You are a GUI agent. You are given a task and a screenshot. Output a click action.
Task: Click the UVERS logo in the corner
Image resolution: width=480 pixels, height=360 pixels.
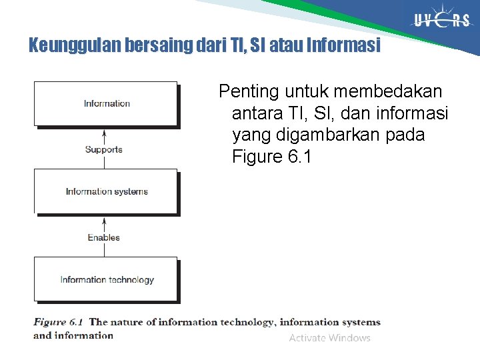coord(442,21)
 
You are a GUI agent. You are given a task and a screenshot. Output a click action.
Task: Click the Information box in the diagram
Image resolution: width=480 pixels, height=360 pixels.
coord(106,103)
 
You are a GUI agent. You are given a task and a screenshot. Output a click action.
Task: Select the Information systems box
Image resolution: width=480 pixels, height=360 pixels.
coord(106,191)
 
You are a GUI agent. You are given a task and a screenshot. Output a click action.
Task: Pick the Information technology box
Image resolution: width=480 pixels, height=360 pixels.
coord(106,279)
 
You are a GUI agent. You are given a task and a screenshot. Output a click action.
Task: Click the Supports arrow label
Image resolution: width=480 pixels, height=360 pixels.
coord(104,149)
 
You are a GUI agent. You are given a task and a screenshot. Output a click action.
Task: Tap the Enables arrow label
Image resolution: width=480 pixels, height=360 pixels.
coord(104,237)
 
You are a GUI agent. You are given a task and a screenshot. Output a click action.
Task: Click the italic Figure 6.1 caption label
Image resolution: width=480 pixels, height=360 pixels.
coord(59,322)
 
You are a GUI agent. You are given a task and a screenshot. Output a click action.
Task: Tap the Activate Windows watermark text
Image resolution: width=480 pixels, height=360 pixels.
coord(329,338)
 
